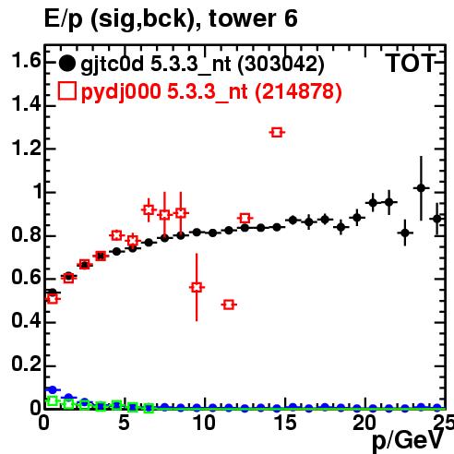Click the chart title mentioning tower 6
tap(171, 18)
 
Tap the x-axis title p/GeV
tap(408, 441)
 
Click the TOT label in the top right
tap(411, 63)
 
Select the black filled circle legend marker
tap(66, 64)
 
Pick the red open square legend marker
tap(66, 91)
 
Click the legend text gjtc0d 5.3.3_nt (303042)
tap(202, 65)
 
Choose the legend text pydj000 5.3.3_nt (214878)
tap(211, 91)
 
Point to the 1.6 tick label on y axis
tap(26, 60)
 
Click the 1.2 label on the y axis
tap(26, 148)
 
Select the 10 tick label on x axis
tap(204, 423)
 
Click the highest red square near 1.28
tap(277, 132)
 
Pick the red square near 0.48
tap(229, 305)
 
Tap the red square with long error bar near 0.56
tap(197, 287)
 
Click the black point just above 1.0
tap(421, 187)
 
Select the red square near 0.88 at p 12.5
tap(245, 218)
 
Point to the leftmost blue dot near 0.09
tap(53, 389)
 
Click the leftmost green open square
tap(53, 400)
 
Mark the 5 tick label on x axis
tap(124, 423)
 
